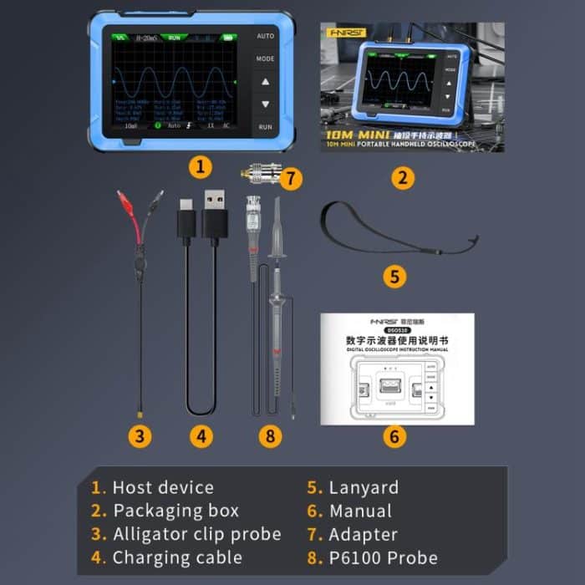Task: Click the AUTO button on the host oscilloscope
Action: tap(265, 38)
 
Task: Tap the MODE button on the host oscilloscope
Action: tap(265, 60)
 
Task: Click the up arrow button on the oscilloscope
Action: tap(265, 83)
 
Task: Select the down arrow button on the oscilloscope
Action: tap(265, 104)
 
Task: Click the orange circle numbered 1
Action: tap(199, 165)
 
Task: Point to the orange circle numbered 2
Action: tap(403, 177)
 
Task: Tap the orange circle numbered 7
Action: tap(290, 177)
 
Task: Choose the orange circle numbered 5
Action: tap(394, 276)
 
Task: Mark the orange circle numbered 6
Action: tap(394, 435)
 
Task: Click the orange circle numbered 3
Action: tap(140, 435)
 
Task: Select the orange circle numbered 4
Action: tap(201, 435)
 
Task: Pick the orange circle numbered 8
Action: tap(270, 435)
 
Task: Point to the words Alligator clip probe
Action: tap(196, 534)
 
